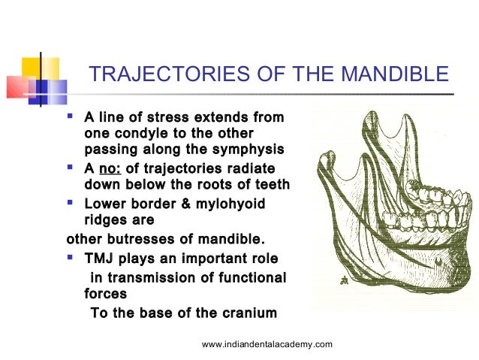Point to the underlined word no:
click(110, 168)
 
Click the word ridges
click(107, 220)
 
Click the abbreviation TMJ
click(101, 259)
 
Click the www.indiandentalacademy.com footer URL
click(267, 343)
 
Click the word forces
click(106, 295)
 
